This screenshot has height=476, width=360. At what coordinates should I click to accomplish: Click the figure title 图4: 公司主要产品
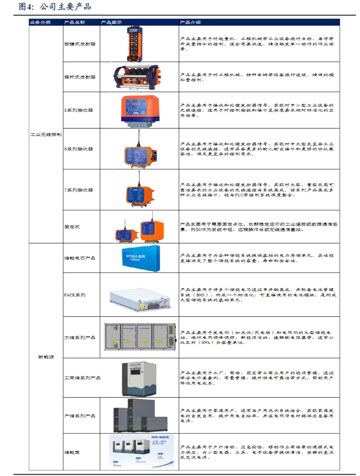55,7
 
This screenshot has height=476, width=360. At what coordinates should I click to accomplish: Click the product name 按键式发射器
80,44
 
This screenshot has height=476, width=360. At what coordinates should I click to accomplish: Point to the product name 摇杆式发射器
80,77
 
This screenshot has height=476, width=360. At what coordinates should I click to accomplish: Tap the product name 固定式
72,227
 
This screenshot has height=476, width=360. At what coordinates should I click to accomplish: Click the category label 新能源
46,357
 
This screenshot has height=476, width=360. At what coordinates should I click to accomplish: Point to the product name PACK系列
75,295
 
